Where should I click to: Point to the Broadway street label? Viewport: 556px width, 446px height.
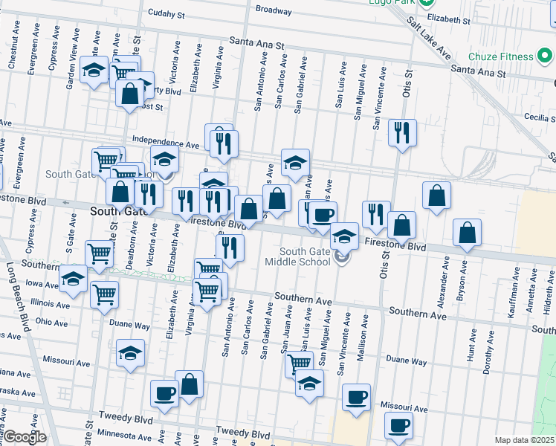(x=273, y=10)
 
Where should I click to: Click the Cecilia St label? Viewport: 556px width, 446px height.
(x=526, y=117)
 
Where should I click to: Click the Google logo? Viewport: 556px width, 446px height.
(x=24, y=437)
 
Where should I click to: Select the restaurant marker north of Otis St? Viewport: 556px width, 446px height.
(x=402, y=133)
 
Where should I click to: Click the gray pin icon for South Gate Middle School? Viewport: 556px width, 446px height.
(x=342, y=258)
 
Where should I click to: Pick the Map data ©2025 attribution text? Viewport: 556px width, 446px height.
(x=524, y=440)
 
